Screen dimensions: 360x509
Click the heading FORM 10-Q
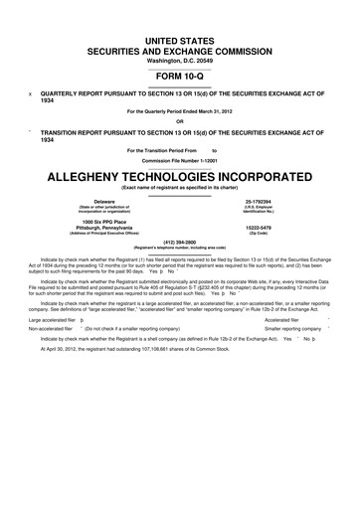click(180, 74)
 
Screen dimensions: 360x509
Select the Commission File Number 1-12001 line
click(180, 158)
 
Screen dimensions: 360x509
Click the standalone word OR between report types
click(180, 123)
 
